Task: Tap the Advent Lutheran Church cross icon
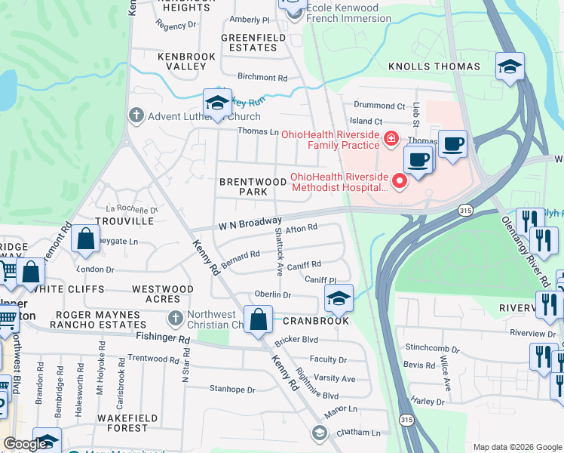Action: (x=136, y=116)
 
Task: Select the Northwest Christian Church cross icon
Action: (x=176, y=319)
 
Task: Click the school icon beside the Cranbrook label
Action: (x=339, y=298)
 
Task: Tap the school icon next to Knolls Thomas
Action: (x=510, y=66)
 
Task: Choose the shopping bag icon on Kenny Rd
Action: (x=258, y=319)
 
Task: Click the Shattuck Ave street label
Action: (x=278, y=251)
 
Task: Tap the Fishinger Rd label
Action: (x=163, y=340)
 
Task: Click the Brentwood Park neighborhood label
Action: (x=244, y=187)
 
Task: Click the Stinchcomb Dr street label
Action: (x=431, y=350)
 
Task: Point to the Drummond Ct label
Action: (x=379, y=106)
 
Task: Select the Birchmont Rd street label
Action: (x=262, y=78)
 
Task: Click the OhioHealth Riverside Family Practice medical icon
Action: (x=391, y=139)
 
